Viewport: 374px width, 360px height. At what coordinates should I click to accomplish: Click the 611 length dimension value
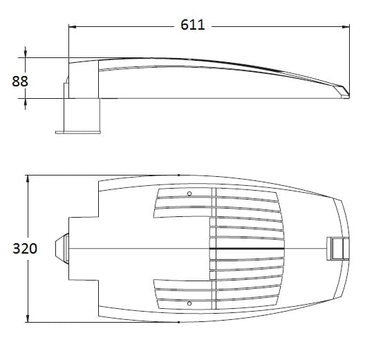[x=192, y=25]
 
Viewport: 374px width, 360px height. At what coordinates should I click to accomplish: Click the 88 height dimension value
[x=20, y=82]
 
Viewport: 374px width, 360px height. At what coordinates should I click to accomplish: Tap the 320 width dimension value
[x=25, y=249]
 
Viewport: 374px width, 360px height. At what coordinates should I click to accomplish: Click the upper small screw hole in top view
[x=189, y=193]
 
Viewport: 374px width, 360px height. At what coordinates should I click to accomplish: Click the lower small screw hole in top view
[x=189, y=303]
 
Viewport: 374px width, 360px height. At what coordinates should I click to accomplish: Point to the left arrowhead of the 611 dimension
[x=73, y=27]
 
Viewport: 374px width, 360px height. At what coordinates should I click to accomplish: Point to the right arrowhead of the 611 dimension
[x=346, y=27]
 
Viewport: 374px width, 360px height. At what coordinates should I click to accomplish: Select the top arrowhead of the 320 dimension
[x=28, y=179]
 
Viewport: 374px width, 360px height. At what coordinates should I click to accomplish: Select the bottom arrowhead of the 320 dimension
[x=28, y=319]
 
